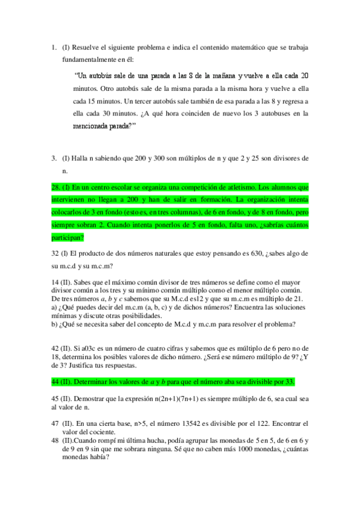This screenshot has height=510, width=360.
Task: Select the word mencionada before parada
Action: (x=92, y=126)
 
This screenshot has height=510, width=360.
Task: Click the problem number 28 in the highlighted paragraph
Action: (x=56, y=187)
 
